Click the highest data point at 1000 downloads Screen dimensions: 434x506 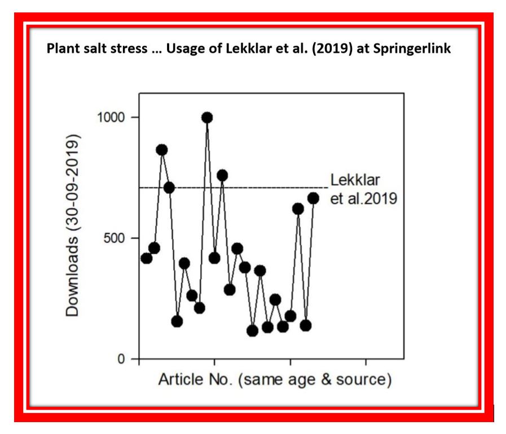(207, 118)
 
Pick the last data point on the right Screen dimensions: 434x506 (313, 198)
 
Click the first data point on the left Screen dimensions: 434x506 (147, 258)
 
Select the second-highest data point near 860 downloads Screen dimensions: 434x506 (162, 150)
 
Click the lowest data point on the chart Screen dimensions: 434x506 (252, 331)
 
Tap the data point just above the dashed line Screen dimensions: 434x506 (222, 175)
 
